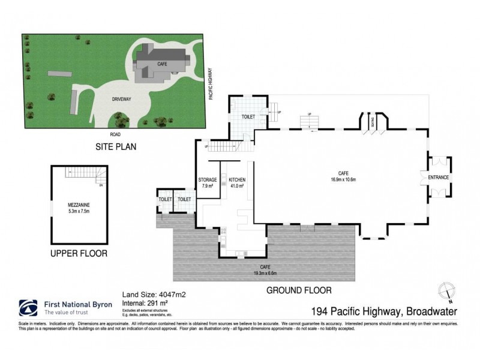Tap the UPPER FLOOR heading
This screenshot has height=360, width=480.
coord(79,253)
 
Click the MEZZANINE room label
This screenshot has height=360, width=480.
coord(79,206)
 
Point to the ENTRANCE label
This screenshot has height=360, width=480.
coord(439,178)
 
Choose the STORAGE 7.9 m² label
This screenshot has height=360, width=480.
coord(208,182)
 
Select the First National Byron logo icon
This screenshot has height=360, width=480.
coord(29,307)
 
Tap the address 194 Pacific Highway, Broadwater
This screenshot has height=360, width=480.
coord(385,311)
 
